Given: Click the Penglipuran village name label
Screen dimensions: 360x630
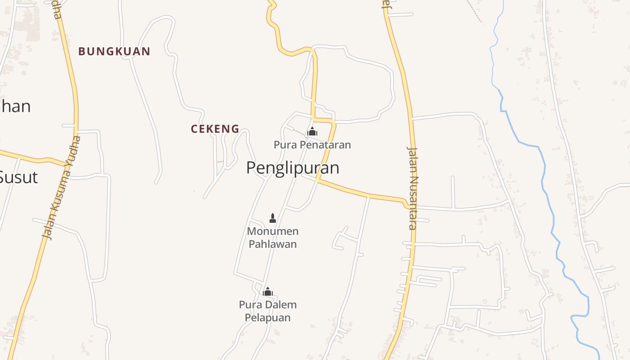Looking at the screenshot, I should tap(292, 168).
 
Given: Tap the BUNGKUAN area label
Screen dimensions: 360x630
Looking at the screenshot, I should tap(114, 51).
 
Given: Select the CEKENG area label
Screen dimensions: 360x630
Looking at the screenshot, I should tap(215, 129).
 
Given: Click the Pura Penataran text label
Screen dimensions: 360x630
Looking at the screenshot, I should tap(312, 145).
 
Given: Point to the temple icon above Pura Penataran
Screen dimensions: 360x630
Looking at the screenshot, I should tap(312, 132).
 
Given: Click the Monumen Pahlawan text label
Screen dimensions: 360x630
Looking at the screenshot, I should tap(273, 238).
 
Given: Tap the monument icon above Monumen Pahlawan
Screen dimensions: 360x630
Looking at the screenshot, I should tap(272, 218).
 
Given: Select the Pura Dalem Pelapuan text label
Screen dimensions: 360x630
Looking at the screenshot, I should tap(268, 311).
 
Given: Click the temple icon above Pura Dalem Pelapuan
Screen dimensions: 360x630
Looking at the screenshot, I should tap(268, 292).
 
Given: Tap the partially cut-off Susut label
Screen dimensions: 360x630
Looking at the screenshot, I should tap(18, 177).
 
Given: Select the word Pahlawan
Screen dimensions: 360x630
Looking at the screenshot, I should tap(273, 244).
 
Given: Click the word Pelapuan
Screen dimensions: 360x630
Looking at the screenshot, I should tap(268, 318).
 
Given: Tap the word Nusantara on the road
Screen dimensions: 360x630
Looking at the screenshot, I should tap(413, 202).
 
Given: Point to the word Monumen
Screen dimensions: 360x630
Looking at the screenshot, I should tap(273, 231).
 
